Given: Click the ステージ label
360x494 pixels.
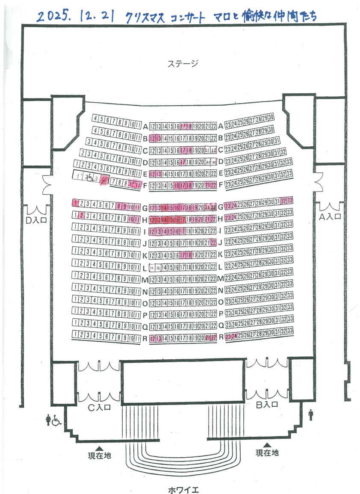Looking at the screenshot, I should (x=183, y=64).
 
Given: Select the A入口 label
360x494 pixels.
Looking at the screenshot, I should (x=330, y=216).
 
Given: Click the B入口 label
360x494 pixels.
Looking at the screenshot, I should (x=267, y=404).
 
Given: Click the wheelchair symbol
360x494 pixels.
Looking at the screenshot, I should (x=56, y=421).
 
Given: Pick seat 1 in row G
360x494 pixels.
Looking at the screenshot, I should (x=76, y=203).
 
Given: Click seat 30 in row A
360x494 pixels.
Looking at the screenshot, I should (x=271, y=118).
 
